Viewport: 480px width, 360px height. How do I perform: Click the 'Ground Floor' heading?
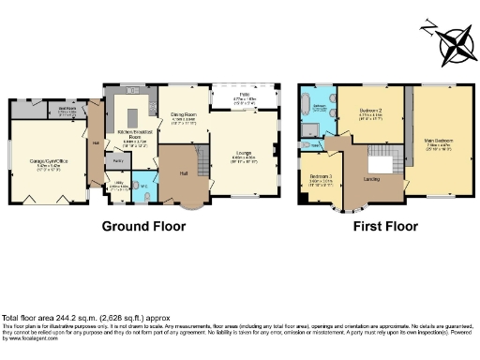142,226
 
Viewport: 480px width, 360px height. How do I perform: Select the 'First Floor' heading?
384,226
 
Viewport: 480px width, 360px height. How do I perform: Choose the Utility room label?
117,186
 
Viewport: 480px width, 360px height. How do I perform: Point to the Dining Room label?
182,118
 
